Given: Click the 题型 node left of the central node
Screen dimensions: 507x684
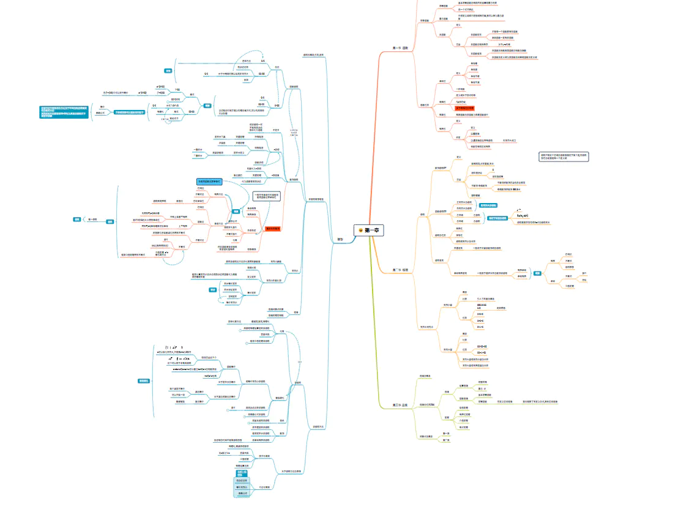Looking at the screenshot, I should [x=340, y=239].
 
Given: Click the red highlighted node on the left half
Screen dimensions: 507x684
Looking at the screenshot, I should [x=272, y=228].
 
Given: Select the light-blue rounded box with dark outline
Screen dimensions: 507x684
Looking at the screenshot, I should [x=211, y=182].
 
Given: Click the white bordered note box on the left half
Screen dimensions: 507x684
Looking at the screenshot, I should [x=267, y=196].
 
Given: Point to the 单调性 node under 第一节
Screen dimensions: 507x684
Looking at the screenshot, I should [x=442, y=81].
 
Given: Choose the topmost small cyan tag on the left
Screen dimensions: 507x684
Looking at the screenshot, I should [x=168, y=72].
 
